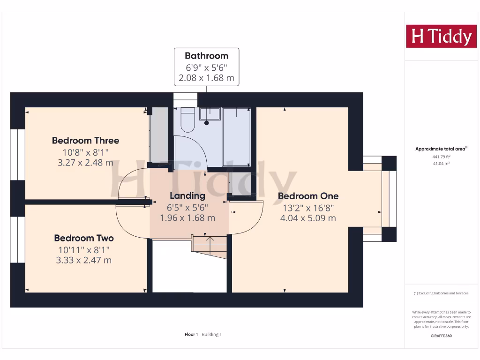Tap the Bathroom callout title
[206, 56]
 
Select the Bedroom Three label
[85, 140]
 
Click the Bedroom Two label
[84, 238]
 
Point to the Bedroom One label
[308, 196]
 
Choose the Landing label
[187, 196]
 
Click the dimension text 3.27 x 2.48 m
[85, 163]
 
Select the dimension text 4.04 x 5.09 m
[308, 218]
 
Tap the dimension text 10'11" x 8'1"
[84, 249]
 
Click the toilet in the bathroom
[187, 120]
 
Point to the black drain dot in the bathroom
[207, 123]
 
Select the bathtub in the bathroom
[236, 136]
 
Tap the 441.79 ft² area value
[441, 157]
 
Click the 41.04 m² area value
[441, 163]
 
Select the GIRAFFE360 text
[441, 336]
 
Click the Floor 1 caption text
[191, 334]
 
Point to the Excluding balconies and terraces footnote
[441, 293]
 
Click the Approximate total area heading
[441, 149]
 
